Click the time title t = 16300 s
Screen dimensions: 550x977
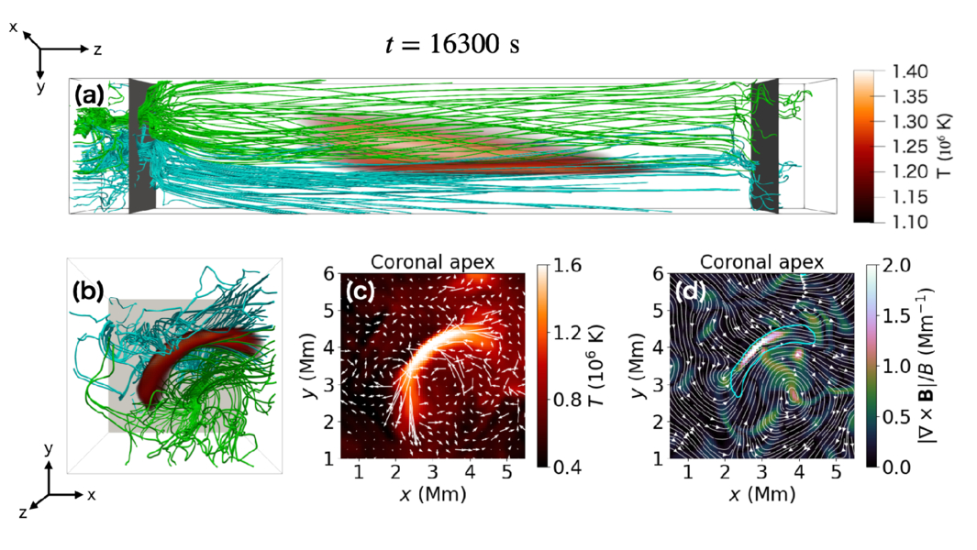pyautogui.click(x=451, y=45)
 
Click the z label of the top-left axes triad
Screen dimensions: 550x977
pyautogui.click(x=96, y=47)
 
